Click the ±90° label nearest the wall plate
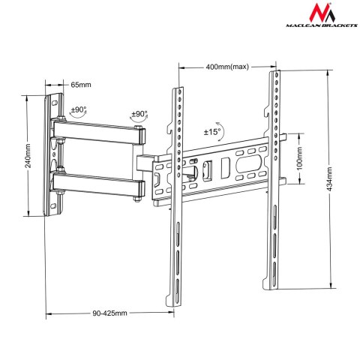78,110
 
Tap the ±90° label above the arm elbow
140,115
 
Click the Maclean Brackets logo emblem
328,14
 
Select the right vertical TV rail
274,180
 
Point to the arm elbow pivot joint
139,160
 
